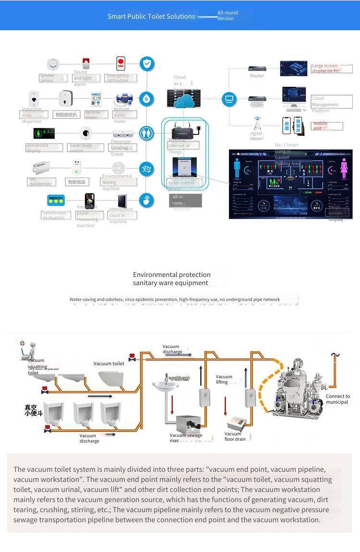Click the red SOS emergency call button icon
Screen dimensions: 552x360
[x=120, y=63]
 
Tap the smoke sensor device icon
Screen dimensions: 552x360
[x=52, y=64]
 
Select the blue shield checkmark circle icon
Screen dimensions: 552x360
[x=146, y=63]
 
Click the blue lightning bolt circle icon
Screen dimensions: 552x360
[x=146, y=98]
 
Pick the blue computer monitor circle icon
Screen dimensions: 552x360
[x=229, y=99]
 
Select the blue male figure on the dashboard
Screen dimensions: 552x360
[x=237, y=169]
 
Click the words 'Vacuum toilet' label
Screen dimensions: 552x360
[x=109, y=364]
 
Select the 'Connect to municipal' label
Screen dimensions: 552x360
[x=337, y=399]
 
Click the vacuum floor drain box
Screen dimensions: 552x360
[x=237, y=424]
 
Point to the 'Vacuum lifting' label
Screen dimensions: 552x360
[x=224, y=379]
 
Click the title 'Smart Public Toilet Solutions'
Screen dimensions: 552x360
[x=151, y=16]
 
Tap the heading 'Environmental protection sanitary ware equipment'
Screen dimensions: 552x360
[x=172, y=279]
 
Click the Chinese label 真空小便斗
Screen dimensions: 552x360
[x=34, y=410]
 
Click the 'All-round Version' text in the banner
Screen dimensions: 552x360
[x=227, y=16]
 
